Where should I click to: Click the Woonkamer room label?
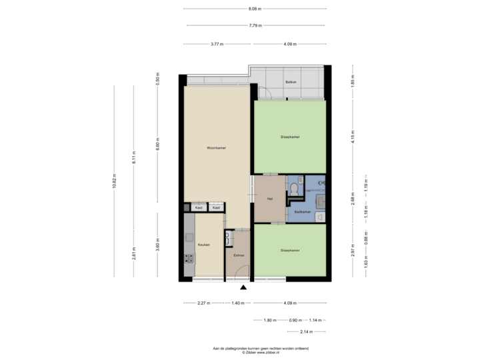pos(217,147)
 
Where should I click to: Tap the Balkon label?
pos(290,82)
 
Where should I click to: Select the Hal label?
pos(270,198)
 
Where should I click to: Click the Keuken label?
pos(203,245)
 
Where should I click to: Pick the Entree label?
pos(238,255)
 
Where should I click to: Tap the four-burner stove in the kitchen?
pos(189,258)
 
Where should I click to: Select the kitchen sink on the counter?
pos(189,237)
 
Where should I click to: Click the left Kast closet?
pos(199,208)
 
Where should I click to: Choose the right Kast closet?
pos(216,208)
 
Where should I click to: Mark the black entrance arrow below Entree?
pos(243,287)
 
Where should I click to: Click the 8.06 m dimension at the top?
pos(254,9)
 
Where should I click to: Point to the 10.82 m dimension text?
pos(115,180)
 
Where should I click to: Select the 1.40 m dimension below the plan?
pos(237,303)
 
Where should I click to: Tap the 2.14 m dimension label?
pos(305,331)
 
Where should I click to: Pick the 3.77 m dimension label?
pos(217,44)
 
